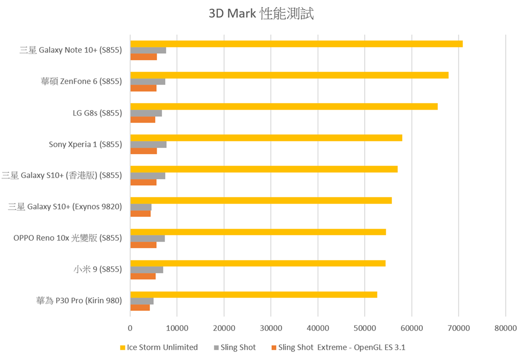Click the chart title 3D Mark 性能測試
[261, 14]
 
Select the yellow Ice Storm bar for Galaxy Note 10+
[296, 44]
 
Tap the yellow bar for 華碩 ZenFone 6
[289, 75]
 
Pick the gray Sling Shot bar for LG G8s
[146, 113]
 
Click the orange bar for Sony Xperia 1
[144, 151]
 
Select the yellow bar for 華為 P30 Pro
[254, 294]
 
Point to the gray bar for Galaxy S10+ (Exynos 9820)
[141, 207]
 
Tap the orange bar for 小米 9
[143, 276]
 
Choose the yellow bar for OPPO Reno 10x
[258, 232]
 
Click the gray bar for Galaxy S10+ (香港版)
[148, 176]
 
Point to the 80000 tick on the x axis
[505, 329]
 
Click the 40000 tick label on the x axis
[318, 329]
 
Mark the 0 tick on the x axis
[130, 329]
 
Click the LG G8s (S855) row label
[97, 113]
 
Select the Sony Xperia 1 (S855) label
[85, 145]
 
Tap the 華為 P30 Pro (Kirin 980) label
[79, 301]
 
